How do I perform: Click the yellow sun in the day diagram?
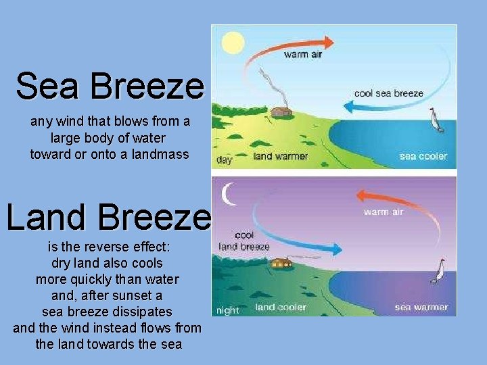tap(233, 43)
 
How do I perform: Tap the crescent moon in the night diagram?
tap(230, 194)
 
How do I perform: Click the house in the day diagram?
tap(281, 112)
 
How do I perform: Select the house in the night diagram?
tap(281, 262)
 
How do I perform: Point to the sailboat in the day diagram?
tap(436, 121)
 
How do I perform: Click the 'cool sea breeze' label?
tap(389, 93)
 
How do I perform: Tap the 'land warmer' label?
tap(280, 156)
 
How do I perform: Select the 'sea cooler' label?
tap(423, 156)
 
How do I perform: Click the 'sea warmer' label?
tap(421, 308)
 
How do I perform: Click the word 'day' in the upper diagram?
tap(224, 160)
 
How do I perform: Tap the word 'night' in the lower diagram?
tap(227, 311)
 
